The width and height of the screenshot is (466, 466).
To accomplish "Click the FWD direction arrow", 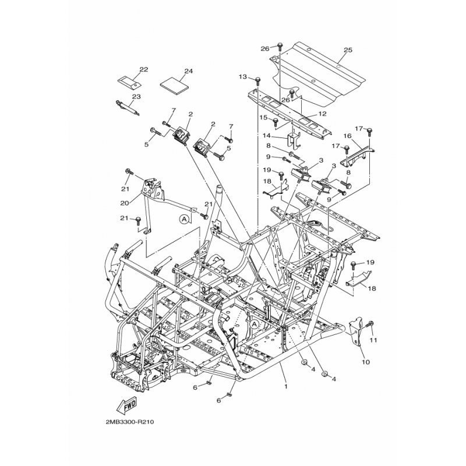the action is coord(127,405).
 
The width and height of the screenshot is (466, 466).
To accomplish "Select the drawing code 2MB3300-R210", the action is coord(129,422).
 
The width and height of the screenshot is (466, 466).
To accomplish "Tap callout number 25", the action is coord(348,50).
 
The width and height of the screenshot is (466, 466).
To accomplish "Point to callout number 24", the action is coord(188,71).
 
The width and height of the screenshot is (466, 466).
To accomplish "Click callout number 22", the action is coord(143,69).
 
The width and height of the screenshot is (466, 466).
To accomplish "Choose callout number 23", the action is coord(136,97).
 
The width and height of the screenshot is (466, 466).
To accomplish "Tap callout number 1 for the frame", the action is coord(286,387).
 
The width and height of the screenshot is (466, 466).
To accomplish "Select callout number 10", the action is coord(366,362).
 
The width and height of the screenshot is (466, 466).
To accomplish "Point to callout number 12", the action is coord(322,114).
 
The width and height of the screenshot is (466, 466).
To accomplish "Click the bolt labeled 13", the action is coord(258,80).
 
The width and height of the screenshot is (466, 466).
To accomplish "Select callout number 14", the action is coord(267,136).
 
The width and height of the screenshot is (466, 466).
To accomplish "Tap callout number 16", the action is coord(347,136).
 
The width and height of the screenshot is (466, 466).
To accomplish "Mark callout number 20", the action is coord(125,203).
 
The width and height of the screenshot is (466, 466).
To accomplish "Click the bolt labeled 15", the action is coord(276,121).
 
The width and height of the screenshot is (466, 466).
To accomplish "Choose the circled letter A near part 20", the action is coord(184,219).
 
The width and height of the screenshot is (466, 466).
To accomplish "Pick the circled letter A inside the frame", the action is coord(254,325).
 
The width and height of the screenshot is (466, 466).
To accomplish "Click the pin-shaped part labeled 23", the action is coord(127,109).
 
